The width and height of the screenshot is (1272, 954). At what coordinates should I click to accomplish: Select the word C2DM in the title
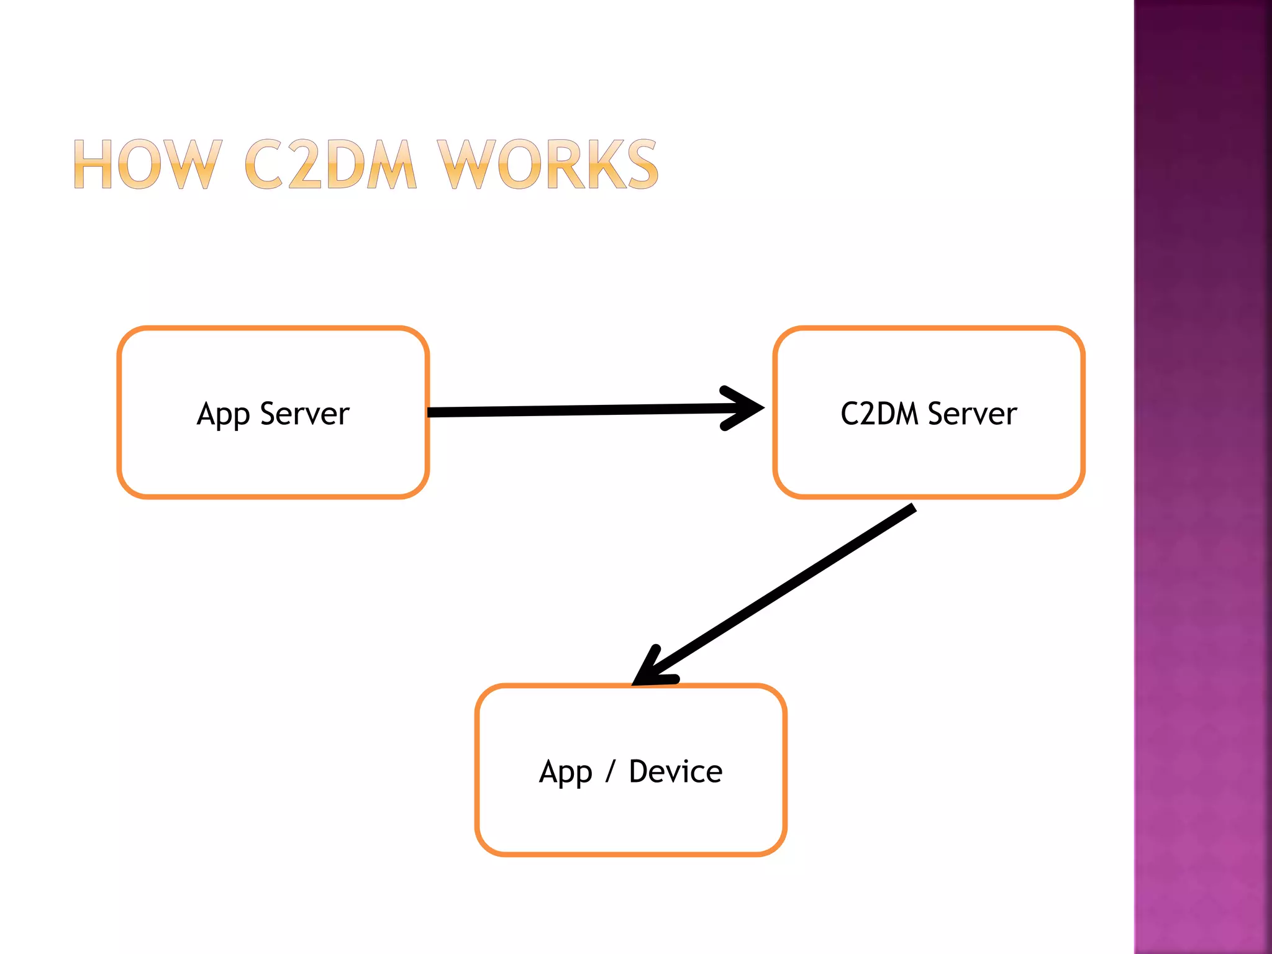[x=330, y=164]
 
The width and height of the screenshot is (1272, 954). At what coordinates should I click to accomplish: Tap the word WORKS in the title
[x=547, y=164]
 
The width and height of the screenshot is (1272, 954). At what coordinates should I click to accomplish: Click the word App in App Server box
[x=223, y=415]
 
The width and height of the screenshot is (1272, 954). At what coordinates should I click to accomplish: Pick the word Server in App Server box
[x=305, y=414]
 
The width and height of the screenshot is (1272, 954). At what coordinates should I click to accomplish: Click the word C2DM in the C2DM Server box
[x=879, y=414]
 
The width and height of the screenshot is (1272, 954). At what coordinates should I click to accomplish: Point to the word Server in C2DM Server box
[x=973, y=414]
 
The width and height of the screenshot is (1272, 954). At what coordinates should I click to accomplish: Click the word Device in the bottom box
[x=676, y=771]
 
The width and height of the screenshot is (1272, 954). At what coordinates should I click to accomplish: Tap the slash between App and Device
[x=610, y=771]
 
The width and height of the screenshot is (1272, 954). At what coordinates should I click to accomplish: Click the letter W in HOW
[x=197, y=164]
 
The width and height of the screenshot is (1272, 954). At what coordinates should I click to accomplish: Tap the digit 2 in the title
[x=304, y=164]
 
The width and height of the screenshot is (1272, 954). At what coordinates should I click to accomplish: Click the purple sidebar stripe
[x=1202, y=477]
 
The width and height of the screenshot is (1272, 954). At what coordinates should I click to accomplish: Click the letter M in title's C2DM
[x=390, y=164]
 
